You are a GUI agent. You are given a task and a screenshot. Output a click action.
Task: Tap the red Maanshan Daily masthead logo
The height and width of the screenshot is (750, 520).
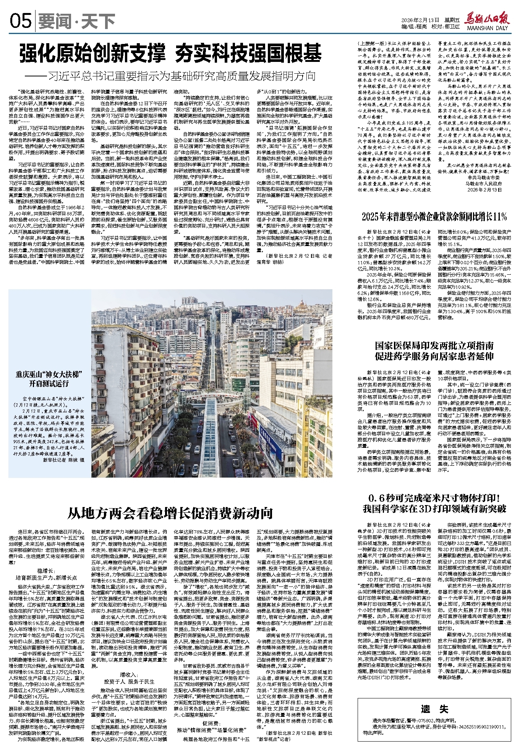[x=488, y=19]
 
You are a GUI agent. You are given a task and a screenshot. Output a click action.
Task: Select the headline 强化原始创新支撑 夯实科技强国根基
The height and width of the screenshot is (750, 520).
[x=170, y=53]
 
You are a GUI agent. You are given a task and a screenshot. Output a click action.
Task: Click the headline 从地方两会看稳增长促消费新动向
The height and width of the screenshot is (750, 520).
[x=170, y=513]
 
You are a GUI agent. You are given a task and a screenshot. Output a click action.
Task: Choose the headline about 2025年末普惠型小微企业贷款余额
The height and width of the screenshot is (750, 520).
[x=434, y=217]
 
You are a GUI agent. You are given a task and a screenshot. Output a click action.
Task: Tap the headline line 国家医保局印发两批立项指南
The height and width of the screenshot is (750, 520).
[x=434, y=346]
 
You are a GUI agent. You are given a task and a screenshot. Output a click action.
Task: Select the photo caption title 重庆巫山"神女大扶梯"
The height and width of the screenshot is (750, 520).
[x=50, y=374]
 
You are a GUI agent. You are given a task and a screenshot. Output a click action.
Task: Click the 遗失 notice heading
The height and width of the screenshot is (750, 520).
[x=434, y=709]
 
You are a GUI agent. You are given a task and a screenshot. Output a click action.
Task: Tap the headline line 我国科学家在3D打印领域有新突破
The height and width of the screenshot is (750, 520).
[x=434, y=509]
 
